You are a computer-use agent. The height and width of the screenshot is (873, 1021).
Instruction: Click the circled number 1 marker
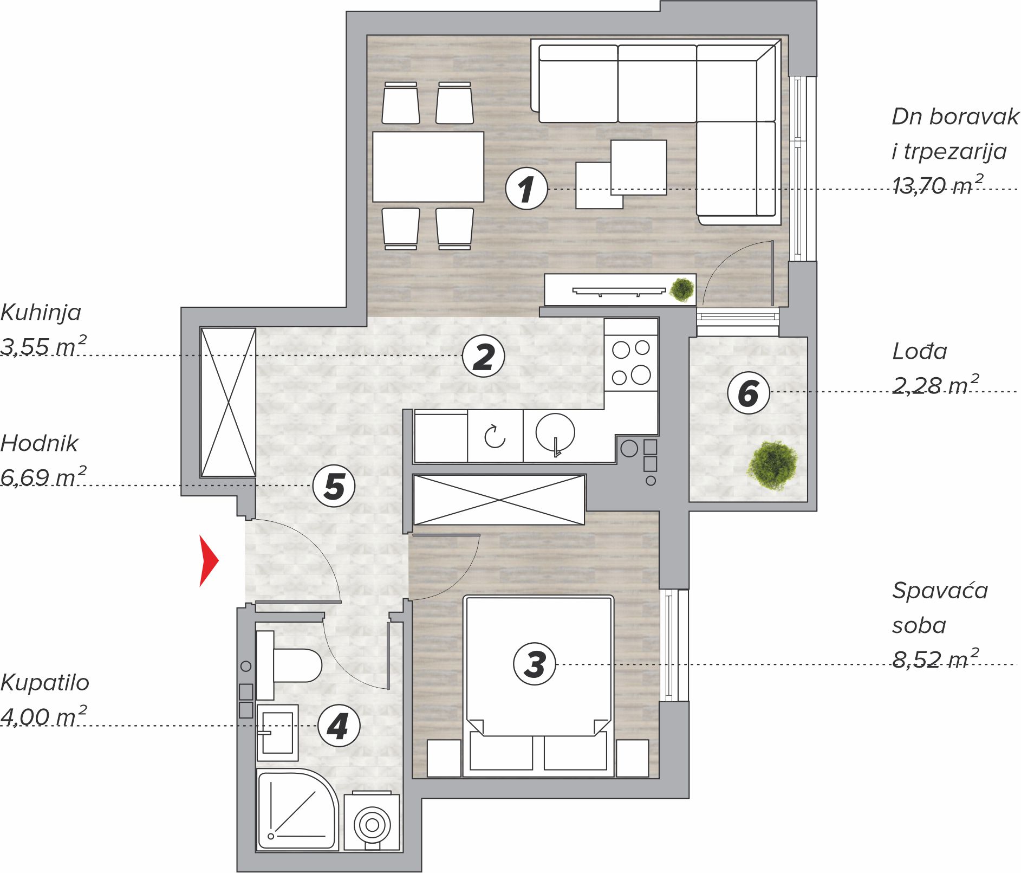tap(526, 189)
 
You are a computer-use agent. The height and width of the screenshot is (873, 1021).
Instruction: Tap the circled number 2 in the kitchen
tap(483, 357)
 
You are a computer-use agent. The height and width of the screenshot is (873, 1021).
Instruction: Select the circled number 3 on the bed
tap(535, 664)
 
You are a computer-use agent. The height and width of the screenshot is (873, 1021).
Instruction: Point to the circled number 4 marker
tap(339, 726)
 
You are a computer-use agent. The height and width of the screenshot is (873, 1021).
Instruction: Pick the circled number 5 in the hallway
tap(334, 486)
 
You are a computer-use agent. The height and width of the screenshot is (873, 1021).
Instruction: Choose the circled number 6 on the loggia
tap(749, 392)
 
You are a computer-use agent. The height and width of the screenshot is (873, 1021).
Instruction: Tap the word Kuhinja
tap(41, 313)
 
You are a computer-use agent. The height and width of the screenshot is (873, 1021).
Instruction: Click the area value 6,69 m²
tap(43, 477)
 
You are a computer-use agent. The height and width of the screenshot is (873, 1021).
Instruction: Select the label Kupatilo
tap(45, 683)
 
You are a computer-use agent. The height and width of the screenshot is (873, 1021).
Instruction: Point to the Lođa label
tap(920, 352)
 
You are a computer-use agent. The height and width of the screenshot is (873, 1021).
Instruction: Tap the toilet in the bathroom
tap(288, 665)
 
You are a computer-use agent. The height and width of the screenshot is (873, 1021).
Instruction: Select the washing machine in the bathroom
tap(372, 822)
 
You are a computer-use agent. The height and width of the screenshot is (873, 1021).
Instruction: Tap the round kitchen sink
tap(555, 433)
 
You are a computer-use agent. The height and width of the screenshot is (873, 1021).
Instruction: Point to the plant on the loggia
tap(773, 465)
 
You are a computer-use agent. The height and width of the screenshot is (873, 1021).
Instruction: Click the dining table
tap(428, 166)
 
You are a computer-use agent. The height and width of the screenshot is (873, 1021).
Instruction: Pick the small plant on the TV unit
tap(682, 289)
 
